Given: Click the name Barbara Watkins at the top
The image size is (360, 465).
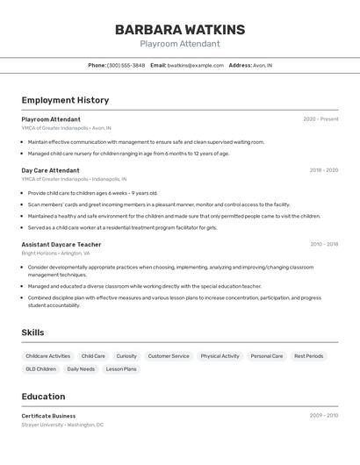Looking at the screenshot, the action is [x=180, y=29].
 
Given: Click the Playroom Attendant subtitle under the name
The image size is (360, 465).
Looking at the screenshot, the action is [x=180, y=44].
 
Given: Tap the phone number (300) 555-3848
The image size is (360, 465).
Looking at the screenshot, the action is [x=126, y=65].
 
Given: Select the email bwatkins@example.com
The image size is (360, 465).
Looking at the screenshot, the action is [x=195, y=65].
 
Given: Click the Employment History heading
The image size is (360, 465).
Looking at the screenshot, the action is [x=65, y=100].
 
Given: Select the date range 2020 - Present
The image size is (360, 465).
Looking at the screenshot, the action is [x=320, y=118].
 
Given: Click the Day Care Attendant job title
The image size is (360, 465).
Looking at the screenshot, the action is [x=50, y=170].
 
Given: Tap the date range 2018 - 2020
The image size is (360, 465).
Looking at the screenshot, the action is [x=323, y=170].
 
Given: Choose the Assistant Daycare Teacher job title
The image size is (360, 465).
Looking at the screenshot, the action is [x=61, y=245].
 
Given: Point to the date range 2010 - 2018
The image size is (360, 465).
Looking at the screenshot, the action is [x=324, y=245].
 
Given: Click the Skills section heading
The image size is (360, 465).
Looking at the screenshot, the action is [x=32, y=333].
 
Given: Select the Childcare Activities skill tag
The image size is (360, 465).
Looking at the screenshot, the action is [x=48, y=356].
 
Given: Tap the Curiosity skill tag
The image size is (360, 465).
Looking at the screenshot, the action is [x=126, y=356].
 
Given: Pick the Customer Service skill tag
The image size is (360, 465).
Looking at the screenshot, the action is [x=169, y=356].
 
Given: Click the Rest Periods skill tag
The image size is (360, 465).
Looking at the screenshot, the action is [x=308, y=356].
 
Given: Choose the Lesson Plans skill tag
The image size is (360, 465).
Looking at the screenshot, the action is [x=121, y=369].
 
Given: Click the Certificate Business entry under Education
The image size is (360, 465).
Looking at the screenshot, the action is [x=48, y=416].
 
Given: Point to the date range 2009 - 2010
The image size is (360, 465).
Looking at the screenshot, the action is [x=324, y=416].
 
